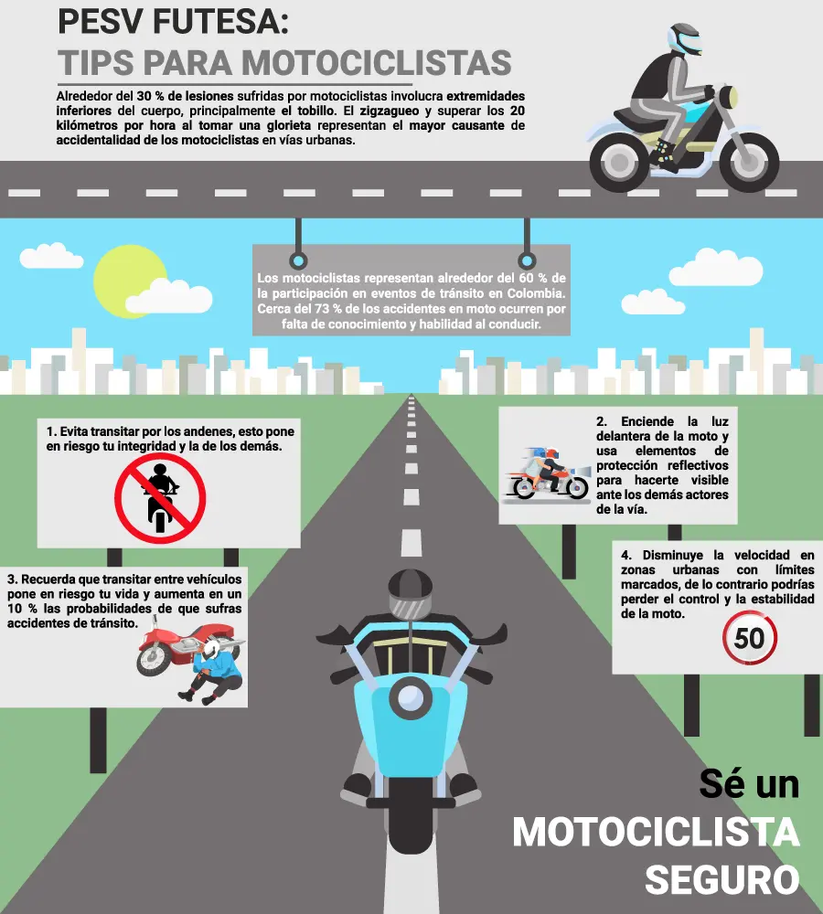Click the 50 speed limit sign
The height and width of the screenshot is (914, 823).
pyautogui.click(x=750, y=638)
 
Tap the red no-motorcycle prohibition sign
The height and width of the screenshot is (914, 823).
pyautogui.click(x=160, y=498)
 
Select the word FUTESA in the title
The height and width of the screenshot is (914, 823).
pyautogui.click(x=220, y=22)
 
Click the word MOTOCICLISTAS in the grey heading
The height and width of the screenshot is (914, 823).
pyautogui.click(x=377, y=63)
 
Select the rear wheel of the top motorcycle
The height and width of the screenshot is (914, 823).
pyautogui.click(x=619, y=162)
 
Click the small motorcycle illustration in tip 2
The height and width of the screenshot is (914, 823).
pyautogui.click(x=547, y=473)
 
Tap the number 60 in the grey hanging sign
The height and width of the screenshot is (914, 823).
pyautogui.click(x=527, y=278)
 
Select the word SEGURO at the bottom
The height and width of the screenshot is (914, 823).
pyautogui.click(x=722, y=879)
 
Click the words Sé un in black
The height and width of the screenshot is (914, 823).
pyautogui.click(x=750, y=783)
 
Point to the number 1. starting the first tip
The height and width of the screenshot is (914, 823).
pyautogui.click(x=51, y=431)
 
